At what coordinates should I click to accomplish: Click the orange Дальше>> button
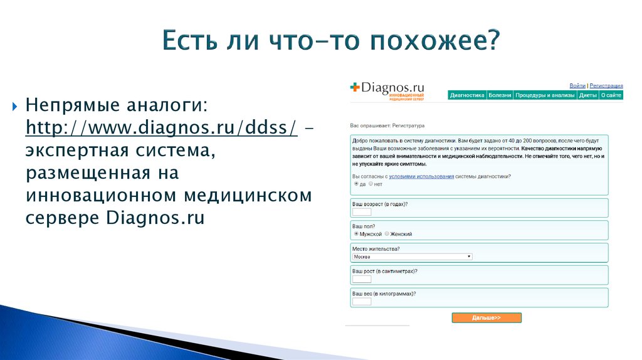487,318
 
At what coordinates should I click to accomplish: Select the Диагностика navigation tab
468,95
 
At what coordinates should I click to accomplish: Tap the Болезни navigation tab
500,95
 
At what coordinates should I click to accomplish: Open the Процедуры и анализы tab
545,95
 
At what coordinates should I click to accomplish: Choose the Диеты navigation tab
587,95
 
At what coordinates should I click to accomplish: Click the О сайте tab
611,95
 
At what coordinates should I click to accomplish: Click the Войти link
577,85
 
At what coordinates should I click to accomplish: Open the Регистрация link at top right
606,85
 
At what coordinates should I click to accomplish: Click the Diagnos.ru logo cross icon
356,88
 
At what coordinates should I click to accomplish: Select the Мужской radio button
356,233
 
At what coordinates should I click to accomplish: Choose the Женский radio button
387,233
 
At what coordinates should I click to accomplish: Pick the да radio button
356,184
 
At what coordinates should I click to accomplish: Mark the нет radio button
371,184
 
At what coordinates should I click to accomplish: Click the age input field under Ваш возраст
362,213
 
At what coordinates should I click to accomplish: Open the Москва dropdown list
412,257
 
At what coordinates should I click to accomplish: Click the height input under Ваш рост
362,279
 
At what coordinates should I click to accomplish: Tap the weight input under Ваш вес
362,302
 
